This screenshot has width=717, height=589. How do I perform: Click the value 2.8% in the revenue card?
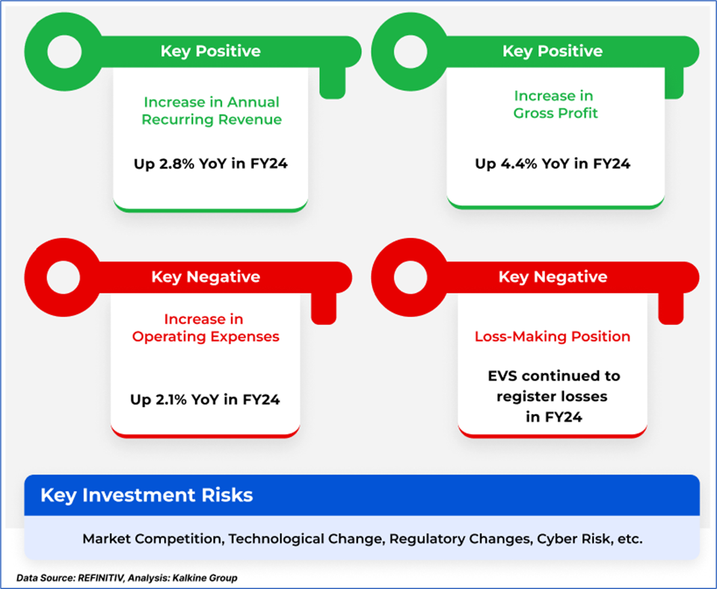(x=176, y=164)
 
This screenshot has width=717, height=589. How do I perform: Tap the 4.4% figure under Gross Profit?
(x=519, y=164)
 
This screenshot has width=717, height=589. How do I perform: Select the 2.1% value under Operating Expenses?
(x=171, y=399)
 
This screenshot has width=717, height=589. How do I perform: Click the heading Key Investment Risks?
(x=147, y=495)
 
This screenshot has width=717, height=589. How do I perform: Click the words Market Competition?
(x=152, y=539)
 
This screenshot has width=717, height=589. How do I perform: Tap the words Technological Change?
(x=305, y=539)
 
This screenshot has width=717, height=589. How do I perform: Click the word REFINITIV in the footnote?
(x=100, y=578)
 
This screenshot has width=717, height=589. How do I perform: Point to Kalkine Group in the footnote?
(x=205, y=578)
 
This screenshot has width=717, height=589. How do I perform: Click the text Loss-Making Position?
(x=552, y=336)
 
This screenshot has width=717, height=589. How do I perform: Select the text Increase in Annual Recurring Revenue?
(x=211, y=111)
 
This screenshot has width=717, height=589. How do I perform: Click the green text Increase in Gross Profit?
(x=555, y=104)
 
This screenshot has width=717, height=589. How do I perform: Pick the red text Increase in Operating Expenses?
(x=205, y=328)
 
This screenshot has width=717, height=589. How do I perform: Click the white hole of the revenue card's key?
(x=64, y=52)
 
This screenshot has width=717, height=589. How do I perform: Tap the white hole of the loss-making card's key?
(x=410, y=277)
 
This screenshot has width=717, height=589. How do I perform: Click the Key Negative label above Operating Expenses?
(x=206, y=277)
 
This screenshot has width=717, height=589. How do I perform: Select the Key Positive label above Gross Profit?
(x=552, y=51)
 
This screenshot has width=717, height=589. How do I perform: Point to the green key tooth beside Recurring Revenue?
(x=332, y=83)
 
